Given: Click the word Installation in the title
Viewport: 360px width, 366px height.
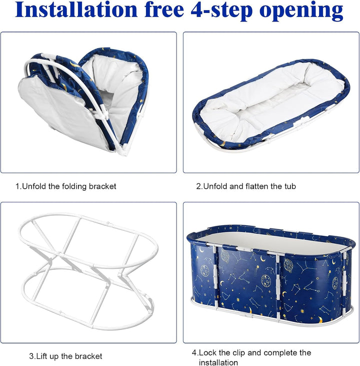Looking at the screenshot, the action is coord(76,10).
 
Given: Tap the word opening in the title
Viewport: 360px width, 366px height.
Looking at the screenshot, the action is coord(301,11).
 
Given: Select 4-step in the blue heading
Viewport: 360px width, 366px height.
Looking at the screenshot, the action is coord(221,11).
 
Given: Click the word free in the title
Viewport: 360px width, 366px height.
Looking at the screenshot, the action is coord(164,10).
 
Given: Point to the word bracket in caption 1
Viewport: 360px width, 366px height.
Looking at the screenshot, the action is coord(102,186).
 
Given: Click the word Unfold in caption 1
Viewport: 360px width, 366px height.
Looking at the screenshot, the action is coord(34,186).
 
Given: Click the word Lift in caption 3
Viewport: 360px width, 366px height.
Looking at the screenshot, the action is coord(41,356).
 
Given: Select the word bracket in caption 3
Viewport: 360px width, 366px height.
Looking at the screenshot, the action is coord(88,356).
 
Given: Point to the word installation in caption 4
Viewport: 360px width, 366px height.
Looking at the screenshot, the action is coord(218,362).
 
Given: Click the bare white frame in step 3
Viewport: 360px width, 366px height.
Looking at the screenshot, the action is coord(88,271).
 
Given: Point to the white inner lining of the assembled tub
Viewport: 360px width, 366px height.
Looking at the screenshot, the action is coord(270,242).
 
